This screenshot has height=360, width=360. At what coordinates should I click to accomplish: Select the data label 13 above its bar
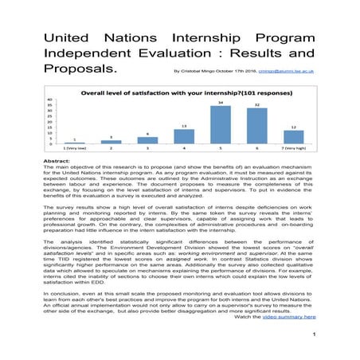pos(183,127)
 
